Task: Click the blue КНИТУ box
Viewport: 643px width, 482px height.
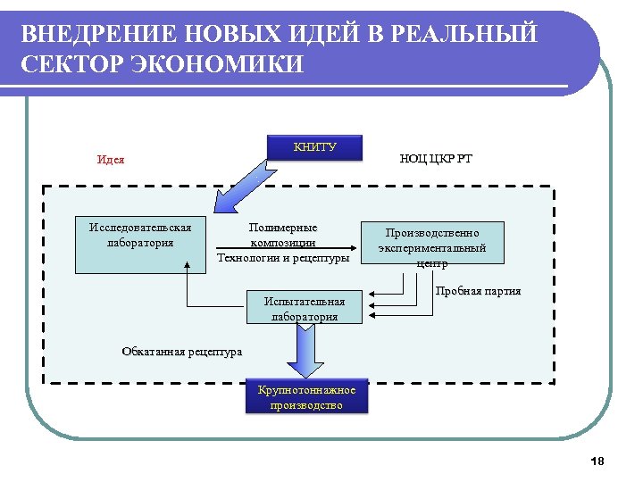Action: [x=315, y=148]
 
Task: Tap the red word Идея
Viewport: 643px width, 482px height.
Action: [x=110, y=160]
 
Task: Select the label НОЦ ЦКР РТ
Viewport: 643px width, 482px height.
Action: [x=436, y=159]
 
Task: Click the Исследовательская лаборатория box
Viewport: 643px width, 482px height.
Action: [x=139, y=244]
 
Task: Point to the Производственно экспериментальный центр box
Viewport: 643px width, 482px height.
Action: [x=432, y=243]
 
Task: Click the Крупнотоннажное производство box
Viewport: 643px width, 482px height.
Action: [x=306, y=398]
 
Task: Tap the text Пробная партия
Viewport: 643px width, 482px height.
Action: [x=478, y=291]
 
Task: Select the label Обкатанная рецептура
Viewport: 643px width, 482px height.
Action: [x=181, y=352]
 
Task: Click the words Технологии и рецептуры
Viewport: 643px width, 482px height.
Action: [x=283, y=258]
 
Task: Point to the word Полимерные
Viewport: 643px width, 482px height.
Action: [x=283, y=228]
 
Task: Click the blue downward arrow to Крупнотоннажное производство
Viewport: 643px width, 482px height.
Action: [x=306, y=351]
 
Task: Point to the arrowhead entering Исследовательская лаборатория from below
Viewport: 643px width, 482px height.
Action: [x=188, y=265]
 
